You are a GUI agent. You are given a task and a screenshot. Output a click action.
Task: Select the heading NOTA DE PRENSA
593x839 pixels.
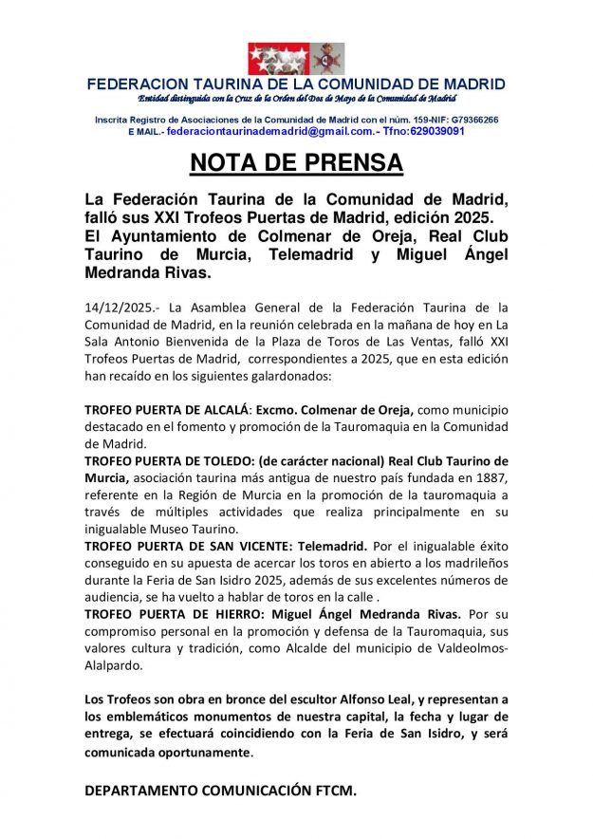[296, 163]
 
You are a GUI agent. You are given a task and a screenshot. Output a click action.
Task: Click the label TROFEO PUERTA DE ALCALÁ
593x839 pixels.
[166, 409]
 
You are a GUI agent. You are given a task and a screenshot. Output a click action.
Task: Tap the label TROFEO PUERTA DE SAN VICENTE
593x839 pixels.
[184, 546]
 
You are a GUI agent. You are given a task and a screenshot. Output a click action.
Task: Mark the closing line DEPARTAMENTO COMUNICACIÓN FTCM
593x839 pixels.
[221, 790]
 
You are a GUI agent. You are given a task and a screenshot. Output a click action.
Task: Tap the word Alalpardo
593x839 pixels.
[115, 665]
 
